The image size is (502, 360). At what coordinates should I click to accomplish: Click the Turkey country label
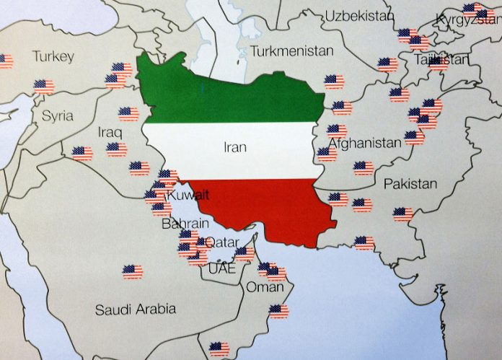coord(53,56)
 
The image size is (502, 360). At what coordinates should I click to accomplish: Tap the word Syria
coord(57,115)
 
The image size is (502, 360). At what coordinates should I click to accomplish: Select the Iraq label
coord(110,133)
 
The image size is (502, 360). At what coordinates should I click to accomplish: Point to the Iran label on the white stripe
coord(235,147)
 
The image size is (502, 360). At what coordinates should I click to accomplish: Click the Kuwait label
coord(188,196)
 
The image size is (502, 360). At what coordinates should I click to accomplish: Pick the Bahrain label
coord(185,224)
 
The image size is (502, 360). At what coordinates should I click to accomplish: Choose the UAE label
coord(221,268)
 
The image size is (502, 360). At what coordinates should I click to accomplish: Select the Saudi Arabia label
coord(136,309)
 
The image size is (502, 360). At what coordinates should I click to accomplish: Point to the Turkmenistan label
coord(292,51)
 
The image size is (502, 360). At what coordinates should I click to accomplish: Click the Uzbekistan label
coord(361,16)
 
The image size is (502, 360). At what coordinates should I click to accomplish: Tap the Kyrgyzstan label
coord(469,20)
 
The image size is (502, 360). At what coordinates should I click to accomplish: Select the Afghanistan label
coord(365,143)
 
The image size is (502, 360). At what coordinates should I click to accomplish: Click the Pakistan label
coord(410,184)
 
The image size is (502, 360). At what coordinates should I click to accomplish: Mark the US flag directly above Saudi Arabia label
coord(132,271)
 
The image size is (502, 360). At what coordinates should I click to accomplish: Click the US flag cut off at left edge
coord(5,61)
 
